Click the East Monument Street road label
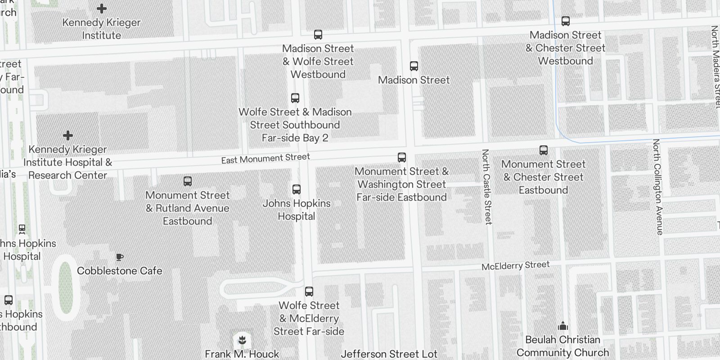pyautogui.click(x=265, y=158)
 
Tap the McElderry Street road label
pyautogui.click(x=515, y=265)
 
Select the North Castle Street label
pyautogui.click(x=486, y=186)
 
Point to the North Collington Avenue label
pyautogui.click(x=658, y=187)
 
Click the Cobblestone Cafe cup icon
pyautogui.click(x=119, y=257)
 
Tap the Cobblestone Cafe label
pyautogui.click(x=119, y=271)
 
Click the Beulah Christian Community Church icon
pyautogui.click(x=562, y=326)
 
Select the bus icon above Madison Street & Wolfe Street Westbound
pyautogui.click(x=318, y=35)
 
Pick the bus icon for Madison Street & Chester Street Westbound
pyautogui.click(x=565, y=21)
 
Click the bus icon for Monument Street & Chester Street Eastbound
pyautogui.click(x=543, y=150)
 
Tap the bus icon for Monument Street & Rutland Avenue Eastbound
pyautogui.click(x=188, y=181)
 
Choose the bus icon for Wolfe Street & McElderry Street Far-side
pyautogui.click(x=309, y=292)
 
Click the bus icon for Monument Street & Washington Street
pyautogui.click(x=401, y=157)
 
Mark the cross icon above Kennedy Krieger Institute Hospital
pyautogui.click(x=68, y=135)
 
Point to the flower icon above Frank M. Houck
pyautogui.click(x=242, y=340)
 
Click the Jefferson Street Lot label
pyautogui.click(x=389, y=354)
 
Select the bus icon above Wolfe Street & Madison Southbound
pyautogui.click(x=295, y=98)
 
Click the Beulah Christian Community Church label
pyautogui.click(x=562, y=346)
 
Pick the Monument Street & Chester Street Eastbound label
pyautogui.click(x=543, y=177)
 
